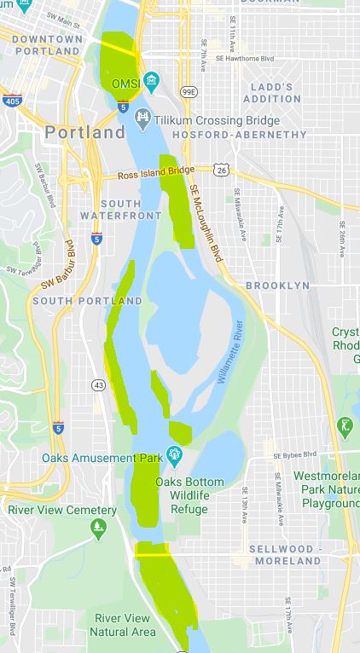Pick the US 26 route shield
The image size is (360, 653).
221,170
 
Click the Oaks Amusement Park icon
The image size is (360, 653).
175,454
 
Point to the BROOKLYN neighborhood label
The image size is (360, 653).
277,286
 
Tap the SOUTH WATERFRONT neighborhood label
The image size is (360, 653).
131,210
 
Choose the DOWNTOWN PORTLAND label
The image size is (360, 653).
47,45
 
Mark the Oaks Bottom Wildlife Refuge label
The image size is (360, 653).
189,495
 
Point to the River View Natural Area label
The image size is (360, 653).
125,624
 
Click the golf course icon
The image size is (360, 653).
345,425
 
